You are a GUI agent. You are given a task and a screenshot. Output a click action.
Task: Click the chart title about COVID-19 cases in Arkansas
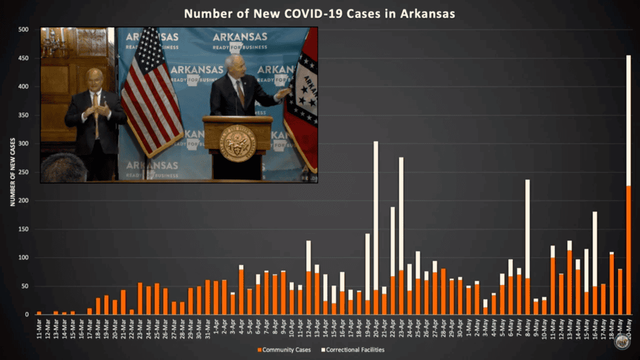[x=319, y=13]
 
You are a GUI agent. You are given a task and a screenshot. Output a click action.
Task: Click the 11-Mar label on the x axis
[x=39, y=329]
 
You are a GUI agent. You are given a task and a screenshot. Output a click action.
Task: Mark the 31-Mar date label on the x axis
[x=207, y=329]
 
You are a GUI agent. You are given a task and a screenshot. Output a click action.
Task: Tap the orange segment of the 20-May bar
[x=628, y=250]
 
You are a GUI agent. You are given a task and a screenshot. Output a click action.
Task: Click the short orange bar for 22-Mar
[x=131, y=312]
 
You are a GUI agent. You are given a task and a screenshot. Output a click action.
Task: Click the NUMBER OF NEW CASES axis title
[x=12, y=172]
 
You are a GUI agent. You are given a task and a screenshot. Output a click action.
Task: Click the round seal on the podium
[x=237, y=143]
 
